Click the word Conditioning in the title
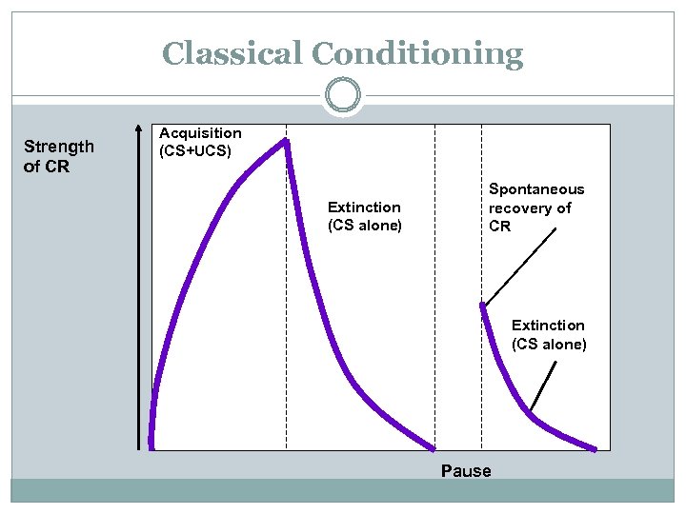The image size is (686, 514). [x=420, y=54]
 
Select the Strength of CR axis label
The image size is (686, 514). [x=58, y=156]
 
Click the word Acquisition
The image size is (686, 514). [x=200, y=133]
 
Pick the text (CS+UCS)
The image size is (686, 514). [x=194, y=150]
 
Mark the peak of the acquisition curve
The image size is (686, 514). [x=284, y=141]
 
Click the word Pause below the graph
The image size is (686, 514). [x=466, y=471]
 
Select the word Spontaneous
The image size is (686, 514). [x=536, y=189]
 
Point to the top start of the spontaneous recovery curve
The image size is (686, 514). [x=483, y=306]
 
